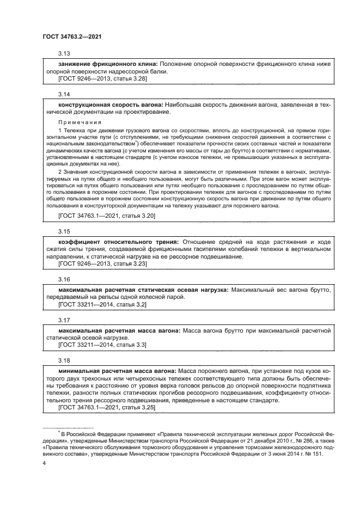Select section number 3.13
click(x=64, y=53)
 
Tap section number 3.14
click(x=64, y=94)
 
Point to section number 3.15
click(x=64, y=230)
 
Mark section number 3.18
click(x=64, y=360)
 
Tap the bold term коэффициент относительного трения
click(x=118, y=242)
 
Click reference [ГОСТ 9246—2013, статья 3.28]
click(x=102, y=79)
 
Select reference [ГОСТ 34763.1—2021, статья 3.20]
click(x=107, y=216)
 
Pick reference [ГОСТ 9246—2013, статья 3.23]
click(x=102, y=263)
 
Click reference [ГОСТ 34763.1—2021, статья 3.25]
click(x=107, y=407)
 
